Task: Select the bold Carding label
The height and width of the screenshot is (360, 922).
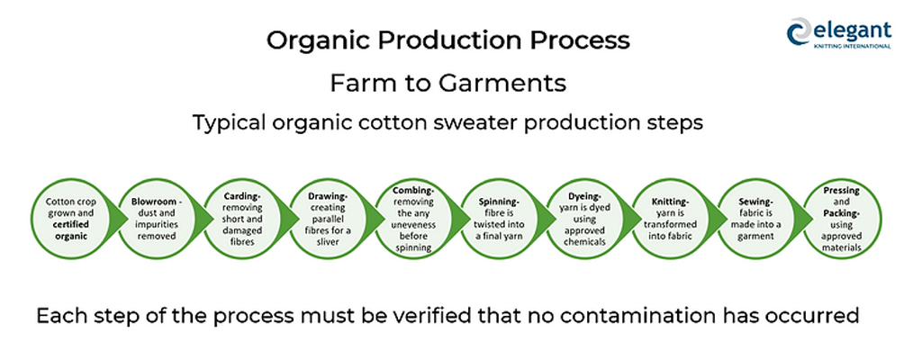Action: (x=241, y=196)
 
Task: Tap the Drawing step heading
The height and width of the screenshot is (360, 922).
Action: (x=328, y=196)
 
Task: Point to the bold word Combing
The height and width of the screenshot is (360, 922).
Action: (x=413, y=191)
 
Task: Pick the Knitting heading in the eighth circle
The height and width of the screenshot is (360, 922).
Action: (x=670, y=202)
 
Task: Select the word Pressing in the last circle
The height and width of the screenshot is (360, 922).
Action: (x=842, y=191)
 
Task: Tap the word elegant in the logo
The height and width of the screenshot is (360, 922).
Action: (x=852, y=30)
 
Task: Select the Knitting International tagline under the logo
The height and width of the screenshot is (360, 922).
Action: (x=852, y=46)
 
